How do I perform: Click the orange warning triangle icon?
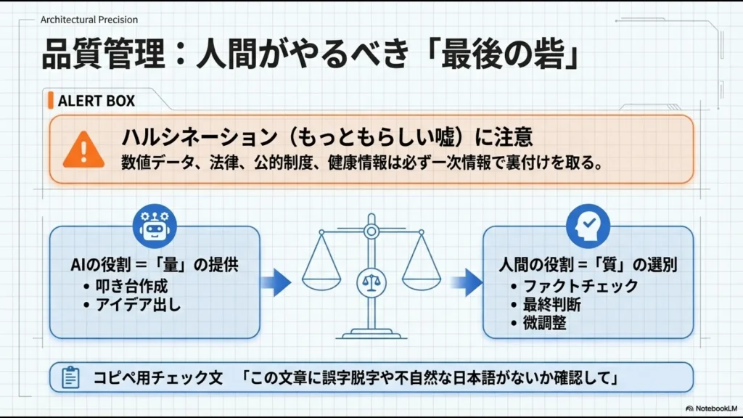point(83,150)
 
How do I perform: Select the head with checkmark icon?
point(587,224)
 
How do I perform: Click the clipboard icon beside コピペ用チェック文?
point(70,377)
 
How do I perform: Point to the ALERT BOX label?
point(96,101)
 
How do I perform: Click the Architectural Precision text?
point(89,20)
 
